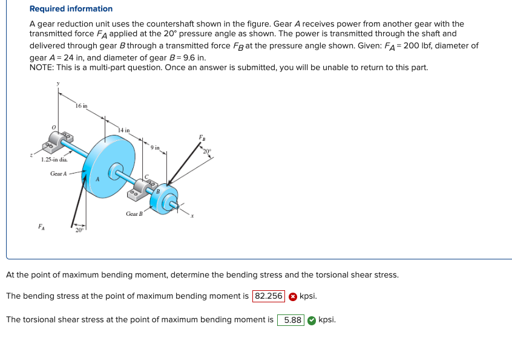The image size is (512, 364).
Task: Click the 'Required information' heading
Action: [x=71, y=9]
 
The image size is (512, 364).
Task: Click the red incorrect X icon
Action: [x=292, y=296]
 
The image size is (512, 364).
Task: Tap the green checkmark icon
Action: [x=311, y=320]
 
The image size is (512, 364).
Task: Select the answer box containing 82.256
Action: [x=269, y=296]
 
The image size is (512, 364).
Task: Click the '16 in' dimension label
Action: [x=82, y=106]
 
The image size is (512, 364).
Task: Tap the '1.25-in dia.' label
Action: [x=54, y=160]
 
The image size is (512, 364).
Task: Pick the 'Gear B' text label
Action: [x=134, y=213]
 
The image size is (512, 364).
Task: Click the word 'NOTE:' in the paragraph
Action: [x=42, y=67]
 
